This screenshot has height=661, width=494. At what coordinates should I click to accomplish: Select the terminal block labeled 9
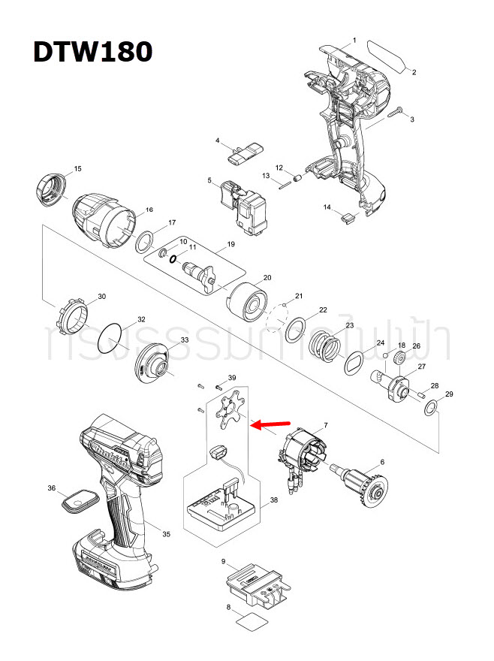coord(255,585)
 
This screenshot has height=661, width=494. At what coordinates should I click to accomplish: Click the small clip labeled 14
coord(347,218)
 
